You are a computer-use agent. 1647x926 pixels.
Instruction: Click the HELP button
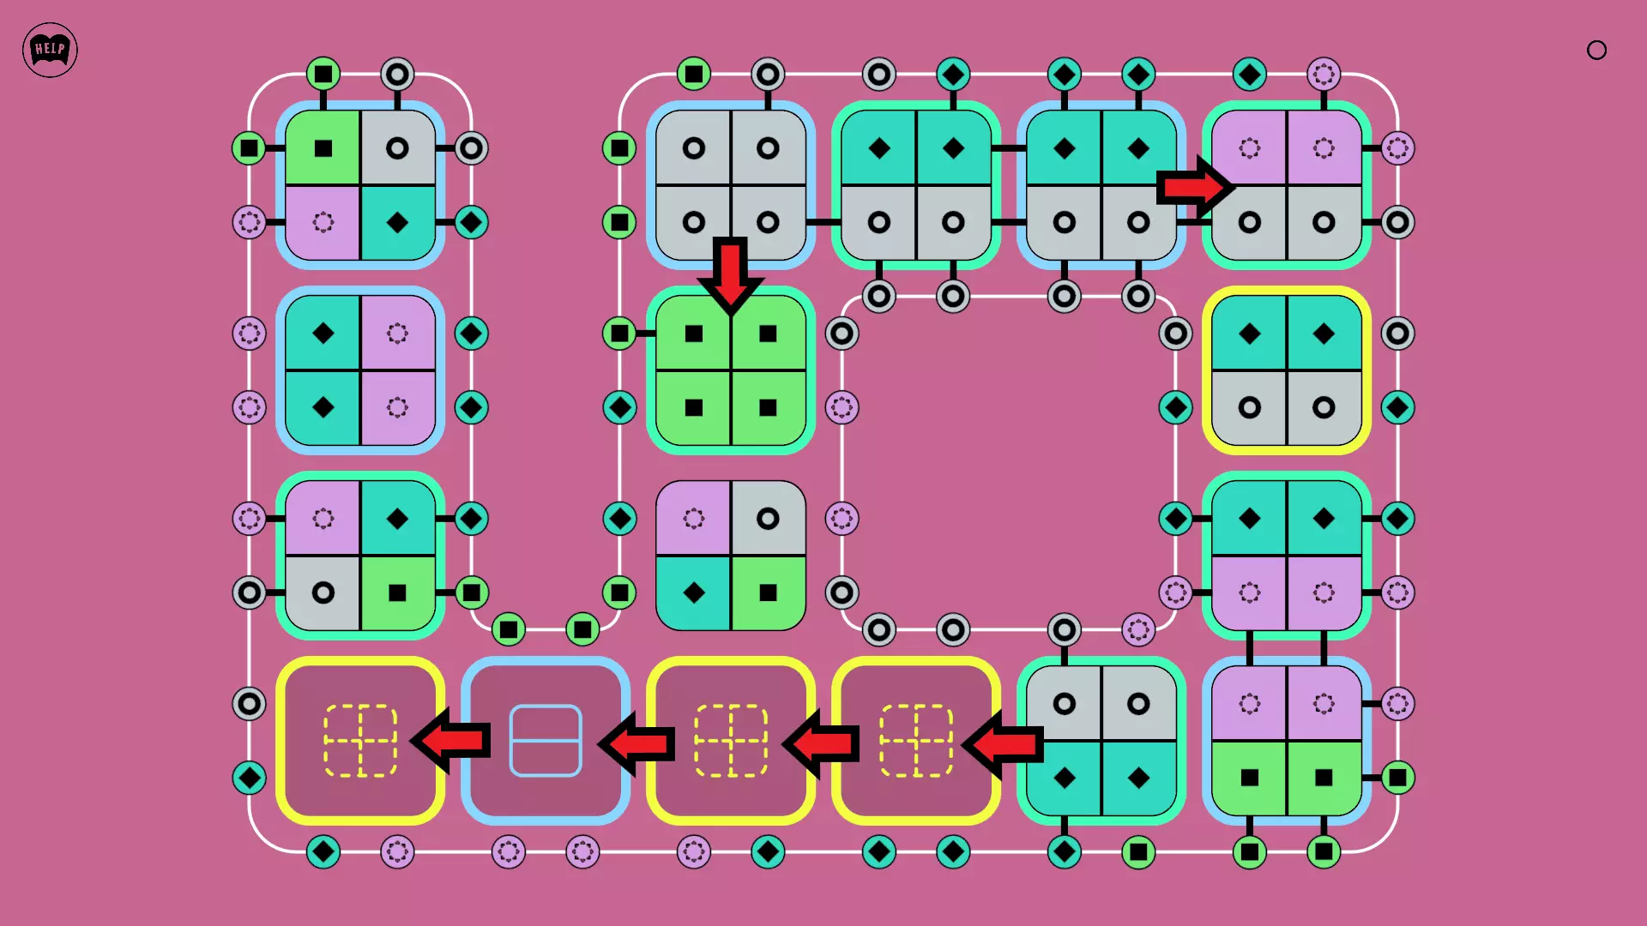pyautogui.click(x=50, y=50)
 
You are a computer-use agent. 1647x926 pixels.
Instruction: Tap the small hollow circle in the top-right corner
pyautogui.click(x=1596, y=51)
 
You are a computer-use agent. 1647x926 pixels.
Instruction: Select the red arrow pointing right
pyautogui.click(x=1194, y=186)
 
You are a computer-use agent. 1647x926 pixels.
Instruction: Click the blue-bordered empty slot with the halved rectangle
pyautogui.click(x=546, y=741)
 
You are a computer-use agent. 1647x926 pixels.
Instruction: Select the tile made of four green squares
pyautogui.click(x=731, y=370)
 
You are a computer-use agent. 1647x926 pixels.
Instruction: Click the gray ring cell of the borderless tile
pyautogui.click(x=768, y=519)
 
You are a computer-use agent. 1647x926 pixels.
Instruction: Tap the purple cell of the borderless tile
pyautogui.click(x=694, y=519)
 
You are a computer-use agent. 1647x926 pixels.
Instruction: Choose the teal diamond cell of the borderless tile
pyautogui.click(x=694, y=592)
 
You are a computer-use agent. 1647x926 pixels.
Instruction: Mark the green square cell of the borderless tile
pyautogui.click(x=768, y=592)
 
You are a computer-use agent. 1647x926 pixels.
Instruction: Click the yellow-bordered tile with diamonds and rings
pyautogui.click(x=1287, y=370)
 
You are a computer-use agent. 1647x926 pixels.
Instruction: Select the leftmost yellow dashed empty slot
pyautogui.click(x=360, y=741)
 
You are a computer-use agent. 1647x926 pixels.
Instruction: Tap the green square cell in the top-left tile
pyautogui.click(x=323, y=148)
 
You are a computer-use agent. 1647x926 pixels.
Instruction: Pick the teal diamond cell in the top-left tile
pyautogui.click(x=397, y=223)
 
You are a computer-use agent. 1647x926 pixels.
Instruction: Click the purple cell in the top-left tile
pyautogui.click(x=323, y=223)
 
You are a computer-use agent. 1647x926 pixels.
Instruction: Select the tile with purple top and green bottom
pyautogui.click(x=1287, y=741)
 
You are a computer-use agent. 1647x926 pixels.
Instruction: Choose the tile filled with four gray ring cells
pyautogui.click(x=731, y=185)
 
